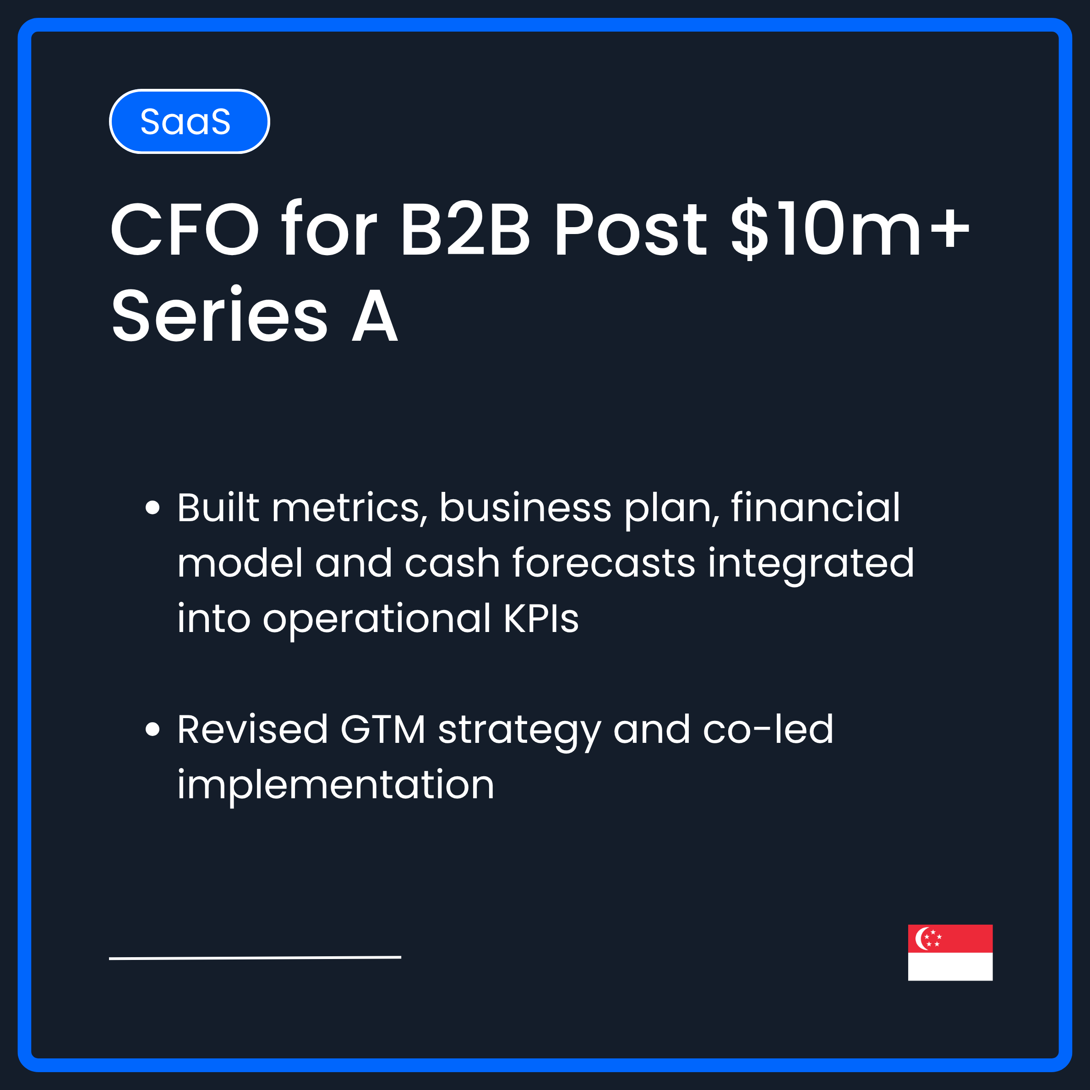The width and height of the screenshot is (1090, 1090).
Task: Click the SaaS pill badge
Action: coord(189,121)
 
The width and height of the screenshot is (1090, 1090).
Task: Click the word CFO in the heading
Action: coord(185,229)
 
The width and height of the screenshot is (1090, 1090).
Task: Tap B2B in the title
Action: coord(465,229)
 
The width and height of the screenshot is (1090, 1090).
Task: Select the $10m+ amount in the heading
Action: coord(849,229)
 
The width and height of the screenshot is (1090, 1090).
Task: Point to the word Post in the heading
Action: coord(629,229)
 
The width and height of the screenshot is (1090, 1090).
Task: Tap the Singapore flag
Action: coord(950,952)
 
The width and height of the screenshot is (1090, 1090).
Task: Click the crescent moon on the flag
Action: coord(921,938)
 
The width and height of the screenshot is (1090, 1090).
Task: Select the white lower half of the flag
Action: coord(950,966)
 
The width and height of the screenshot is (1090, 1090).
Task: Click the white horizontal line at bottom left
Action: coord(255,958)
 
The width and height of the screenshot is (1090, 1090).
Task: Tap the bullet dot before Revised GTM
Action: coord(153,730)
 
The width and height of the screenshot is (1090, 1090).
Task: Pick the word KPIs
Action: coord(540,619)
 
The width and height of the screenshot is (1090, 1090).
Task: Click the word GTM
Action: coord(382,730)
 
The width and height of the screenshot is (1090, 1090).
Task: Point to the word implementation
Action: coord(336,785)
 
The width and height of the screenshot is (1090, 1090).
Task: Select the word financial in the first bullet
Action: coord(815,507)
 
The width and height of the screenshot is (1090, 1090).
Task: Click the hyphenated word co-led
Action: coord(768,730)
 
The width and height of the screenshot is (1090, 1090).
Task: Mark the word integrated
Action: coord(811,564)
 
